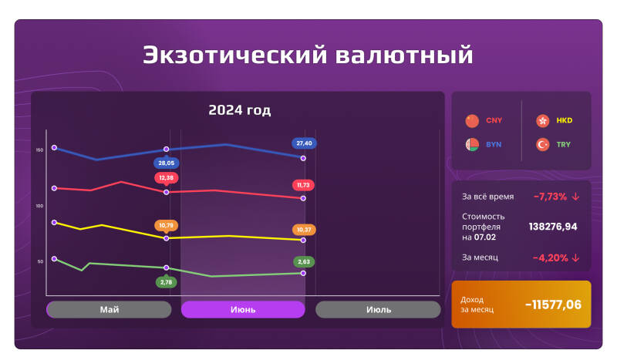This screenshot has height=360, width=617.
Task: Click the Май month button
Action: click(109, 309)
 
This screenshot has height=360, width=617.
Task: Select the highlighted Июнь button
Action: click(243, 309)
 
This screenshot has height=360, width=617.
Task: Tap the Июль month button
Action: click(378, 309)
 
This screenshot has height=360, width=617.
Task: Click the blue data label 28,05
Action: click(166, 163)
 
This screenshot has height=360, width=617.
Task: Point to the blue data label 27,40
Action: click(303, 143)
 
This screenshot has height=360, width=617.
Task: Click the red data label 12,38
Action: click(166, 178)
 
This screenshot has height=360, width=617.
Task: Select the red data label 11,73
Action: click(303, 185)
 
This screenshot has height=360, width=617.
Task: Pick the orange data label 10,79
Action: click(166, 226)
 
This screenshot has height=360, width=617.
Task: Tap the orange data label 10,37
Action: click(303, 230)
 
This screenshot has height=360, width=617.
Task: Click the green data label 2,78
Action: click(166, 282)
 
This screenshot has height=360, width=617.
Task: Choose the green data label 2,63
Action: click(303, 262)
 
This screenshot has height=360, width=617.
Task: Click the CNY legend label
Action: click(494, 121)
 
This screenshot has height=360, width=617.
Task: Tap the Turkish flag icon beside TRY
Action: click(542, 144)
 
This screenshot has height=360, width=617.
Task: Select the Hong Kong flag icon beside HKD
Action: click(542, 121)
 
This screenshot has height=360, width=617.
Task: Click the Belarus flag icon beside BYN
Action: click(472, 144)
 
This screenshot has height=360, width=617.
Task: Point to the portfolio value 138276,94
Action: click(553, 227)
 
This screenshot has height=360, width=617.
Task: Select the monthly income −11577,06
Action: click(553, 304)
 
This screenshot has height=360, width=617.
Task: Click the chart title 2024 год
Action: click(239, 110)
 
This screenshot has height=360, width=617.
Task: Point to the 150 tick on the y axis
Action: click(39, 150)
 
